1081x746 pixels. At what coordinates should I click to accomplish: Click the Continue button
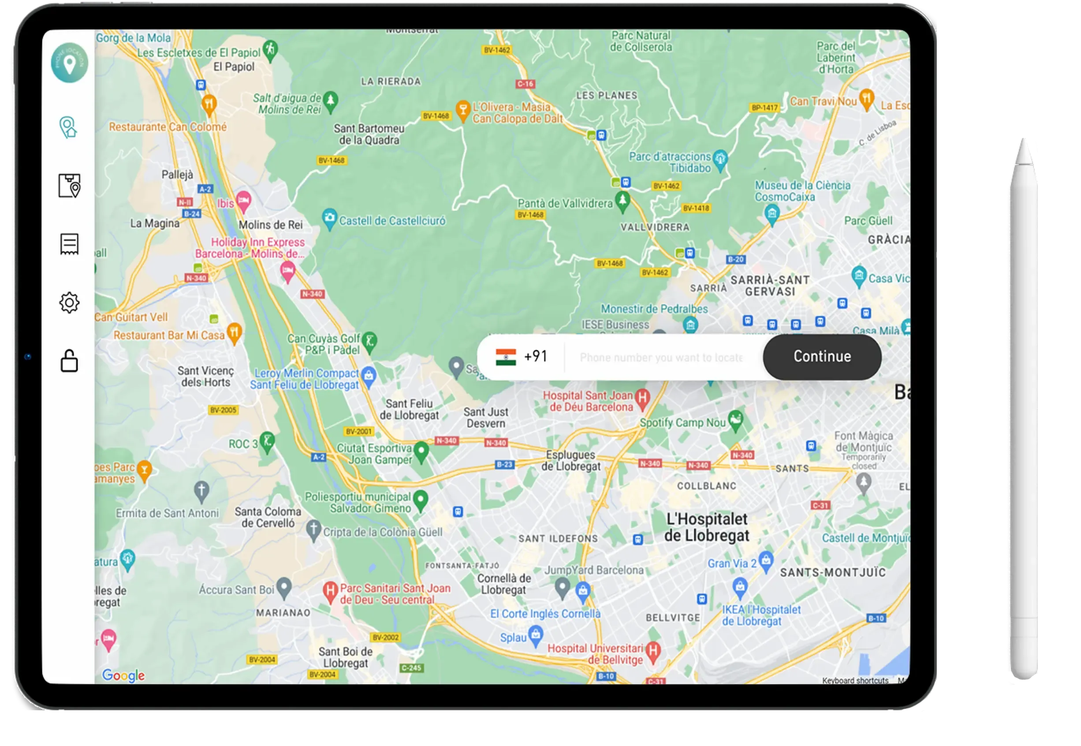(x=822, y=357)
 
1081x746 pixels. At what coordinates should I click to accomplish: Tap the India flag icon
(x=506, y=357)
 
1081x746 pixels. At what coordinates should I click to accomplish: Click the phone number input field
(x=661, y=358)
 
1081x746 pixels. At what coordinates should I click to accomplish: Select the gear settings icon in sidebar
(x=69, y=303)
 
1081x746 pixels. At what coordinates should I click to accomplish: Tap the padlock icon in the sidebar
(x=69, y=361)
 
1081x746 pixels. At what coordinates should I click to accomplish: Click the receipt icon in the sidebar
(x=69, y=244)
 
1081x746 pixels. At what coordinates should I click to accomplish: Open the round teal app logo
(x=70, y=63)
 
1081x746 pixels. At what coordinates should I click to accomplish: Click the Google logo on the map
(x=123, y=675)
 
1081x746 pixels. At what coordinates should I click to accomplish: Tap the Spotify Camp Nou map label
(x=682, y=422)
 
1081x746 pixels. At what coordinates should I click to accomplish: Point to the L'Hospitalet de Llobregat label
(x=707, y=527)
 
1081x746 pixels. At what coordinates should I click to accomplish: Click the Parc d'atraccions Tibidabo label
(x=669, y=162)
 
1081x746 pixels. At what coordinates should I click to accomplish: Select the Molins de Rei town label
(x=271, y=225)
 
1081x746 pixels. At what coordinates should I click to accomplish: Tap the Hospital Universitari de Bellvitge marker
(x=653, y=650)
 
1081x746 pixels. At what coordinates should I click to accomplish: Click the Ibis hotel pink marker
(x=243, y=201)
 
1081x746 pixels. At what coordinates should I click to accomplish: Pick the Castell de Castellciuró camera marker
(x=329, y=218)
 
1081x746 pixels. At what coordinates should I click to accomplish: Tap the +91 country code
(x=536, y=357)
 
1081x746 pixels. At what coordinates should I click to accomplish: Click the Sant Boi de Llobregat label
(x=345, y=657)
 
